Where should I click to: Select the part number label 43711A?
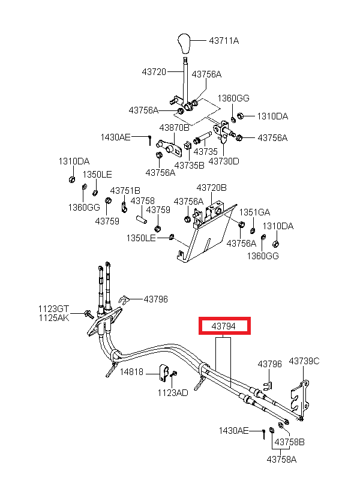pos(224,40)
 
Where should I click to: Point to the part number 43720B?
pos(212,188)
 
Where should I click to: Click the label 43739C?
pos(304,361)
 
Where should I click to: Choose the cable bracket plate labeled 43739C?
pos(300,398)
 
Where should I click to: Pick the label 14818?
pos(131,372)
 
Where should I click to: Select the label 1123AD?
pos(173,392)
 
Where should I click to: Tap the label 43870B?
pos(174,128)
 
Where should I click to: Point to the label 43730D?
pos(224,161)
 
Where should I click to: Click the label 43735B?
pos(189,166)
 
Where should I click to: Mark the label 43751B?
pos(125,190)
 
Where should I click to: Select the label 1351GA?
pos(254,212)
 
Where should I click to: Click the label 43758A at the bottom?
pos(281,460)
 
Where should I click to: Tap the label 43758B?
pos(289,442)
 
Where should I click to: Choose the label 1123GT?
pos(53,309)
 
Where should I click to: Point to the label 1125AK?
pos(53,317)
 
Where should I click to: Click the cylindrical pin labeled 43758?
pos(142,219)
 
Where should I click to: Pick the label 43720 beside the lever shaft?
pos(154,72)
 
